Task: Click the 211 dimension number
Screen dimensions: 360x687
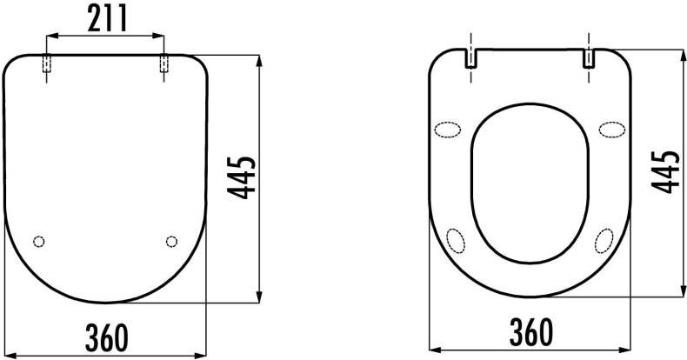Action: pyautogui.click(x=104, y=17)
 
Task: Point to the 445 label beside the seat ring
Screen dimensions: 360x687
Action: pyautogui.click(x=666, y=170)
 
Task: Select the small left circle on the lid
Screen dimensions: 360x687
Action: pyautogui.click(x=37, y=241)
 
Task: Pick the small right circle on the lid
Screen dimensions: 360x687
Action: pyautogui.click(x=170, y=241)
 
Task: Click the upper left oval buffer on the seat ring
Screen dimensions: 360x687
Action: pyautogui.click(x=449, y=130)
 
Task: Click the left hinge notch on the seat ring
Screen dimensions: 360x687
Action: pyautogui.click(x=470, y=58)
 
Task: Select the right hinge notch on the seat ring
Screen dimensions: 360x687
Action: pyautogui.click(x=590, y=58)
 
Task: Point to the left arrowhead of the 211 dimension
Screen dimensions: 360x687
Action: pyautogui.click(x=50, y=37)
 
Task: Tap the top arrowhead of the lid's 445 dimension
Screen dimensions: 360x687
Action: pyautogui.click(x=260, y=60)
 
